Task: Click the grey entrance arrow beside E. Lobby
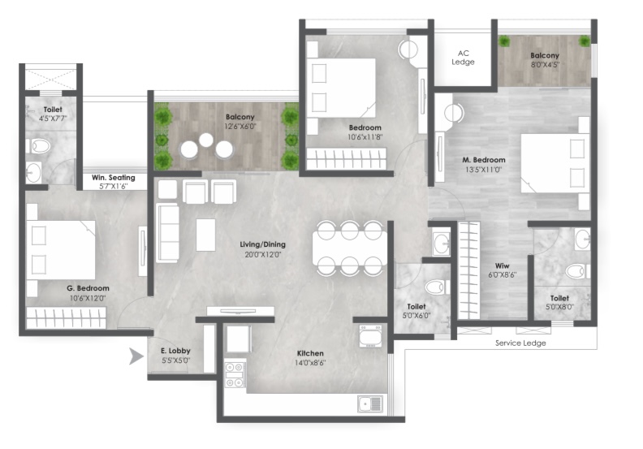click(x=136, y=356)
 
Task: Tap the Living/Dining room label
click(x=262, y=244)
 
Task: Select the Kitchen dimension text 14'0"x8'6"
click(x=310, y=363)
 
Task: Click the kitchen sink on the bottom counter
click(x=370, y=404)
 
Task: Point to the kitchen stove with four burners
click(x=235, y=375)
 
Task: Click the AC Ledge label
click(x=463, y=58)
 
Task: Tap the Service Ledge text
click(x=520, y=343)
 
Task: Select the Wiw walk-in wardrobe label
click(x=502, y=266)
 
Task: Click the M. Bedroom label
click(x=484, y=159)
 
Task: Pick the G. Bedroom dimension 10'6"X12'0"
click(x=88, y=298)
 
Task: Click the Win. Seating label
click(x=113, y=177)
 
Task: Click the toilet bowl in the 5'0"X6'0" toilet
click(x=434, y=287)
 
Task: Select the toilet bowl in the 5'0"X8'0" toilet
click(x=576, y=271)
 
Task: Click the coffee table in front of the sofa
click(x=205, y=235)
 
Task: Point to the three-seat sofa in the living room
click(x=167, y=232)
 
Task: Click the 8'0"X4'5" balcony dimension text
click(x=545, y=64)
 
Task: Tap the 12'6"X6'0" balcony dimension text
click(x=240, y=127)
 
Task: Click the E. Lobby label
click(x=175, y=351)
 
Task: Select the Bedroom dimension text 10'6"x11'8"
click(x=365, y=137)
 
